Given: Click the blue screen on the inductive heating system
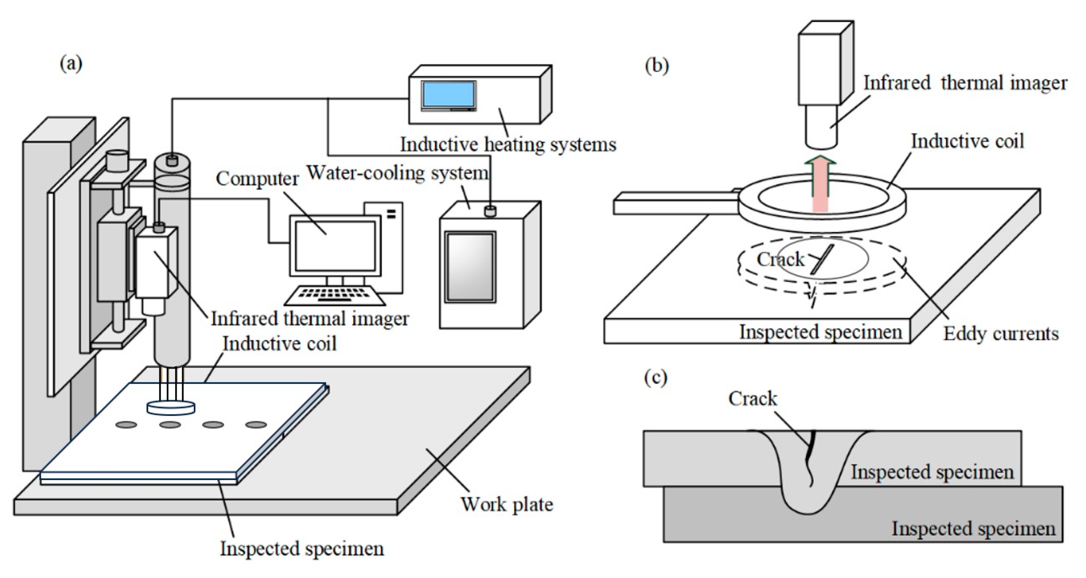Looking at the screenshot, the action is (448, 95).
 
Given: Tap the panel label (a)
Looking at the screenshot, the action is (71, 64).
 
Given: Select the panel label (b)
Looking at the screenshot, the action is (657, 66).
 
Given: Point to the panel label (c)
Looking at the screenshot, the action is (656, 378).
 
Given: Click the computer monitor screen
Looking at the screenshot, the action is (335, 246).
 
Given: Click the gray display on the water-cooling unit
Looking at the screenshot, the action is (470, 267).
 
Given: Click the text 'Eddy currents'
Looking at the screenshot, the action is (1001, 334).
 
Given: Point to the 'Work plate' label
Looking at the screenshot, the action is (507, 505).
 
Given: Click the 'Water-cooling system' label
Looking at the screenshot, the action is (397, 173).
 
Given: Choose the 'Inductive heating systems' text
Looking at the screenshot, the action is (508, 144).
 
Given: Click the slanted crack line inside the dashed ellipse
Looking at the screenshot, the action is (822, 259).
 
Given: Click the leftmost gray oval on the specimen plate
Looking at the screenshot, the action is (126, 425).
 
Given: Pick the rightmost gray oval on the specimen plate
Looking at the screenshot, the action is (256, 425).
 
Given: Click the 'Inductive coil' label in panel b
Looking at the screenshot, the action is (968, 141).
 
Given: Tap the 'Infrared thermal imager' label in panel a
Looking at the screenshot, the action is (310, 319).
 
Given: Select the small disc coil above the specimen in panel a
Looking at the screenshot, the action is (171, 408).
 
